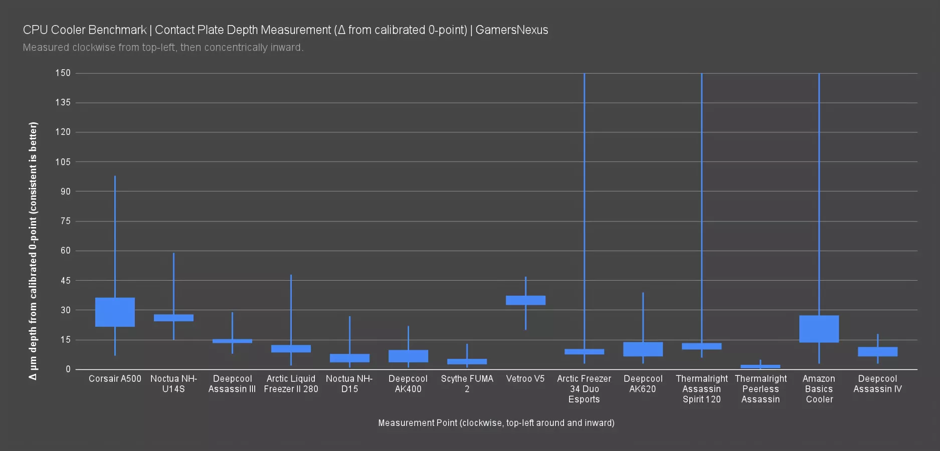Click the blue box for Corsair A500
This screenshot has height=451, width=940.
click(115, 312)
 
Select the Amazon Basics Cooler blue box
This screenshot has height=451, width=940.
click(819, 329)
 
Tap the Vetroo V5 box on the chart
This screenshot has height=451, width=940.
click(525, 300)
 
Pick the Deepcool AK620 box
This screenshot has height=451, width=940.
click(643, 349)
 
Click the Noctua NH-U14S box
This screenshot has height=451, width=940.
click(173, 318)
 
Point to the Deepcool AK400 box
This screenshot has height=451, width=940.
click(408, 356)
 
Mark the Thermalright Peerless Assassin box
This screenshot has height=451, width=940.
click(760, 366)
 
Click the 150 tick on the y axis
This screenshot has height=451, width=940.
click(63, 73)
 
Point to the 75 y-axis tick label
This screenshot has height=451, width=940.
click(65, 221)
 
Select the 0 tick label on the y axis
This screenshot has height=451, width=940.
click(68, 369)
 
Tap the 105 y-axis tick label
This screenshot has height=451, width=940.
click(63, 162)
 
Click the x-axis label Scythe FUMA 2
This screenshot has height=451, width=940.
click(467, 384)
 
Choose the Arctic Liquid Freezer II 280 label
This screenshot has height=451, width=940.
click(291, 384)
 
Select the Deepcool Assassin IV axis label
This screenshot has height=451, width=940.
click(877, 384)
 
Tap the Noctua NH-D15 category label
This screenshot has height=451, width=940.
click(349, 384)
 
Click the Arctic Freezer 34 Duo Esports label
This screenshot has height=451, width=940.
click(584, 389)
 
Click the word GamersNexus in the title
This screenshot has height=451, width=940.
click(511, 30)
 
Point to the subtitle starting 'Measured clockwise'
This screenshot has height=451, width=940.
click(163, 48)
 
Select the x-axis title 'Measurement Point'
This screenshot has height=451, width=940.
click(496, 423)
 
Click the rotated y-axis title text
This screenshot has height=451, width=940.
click(33, 251)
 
